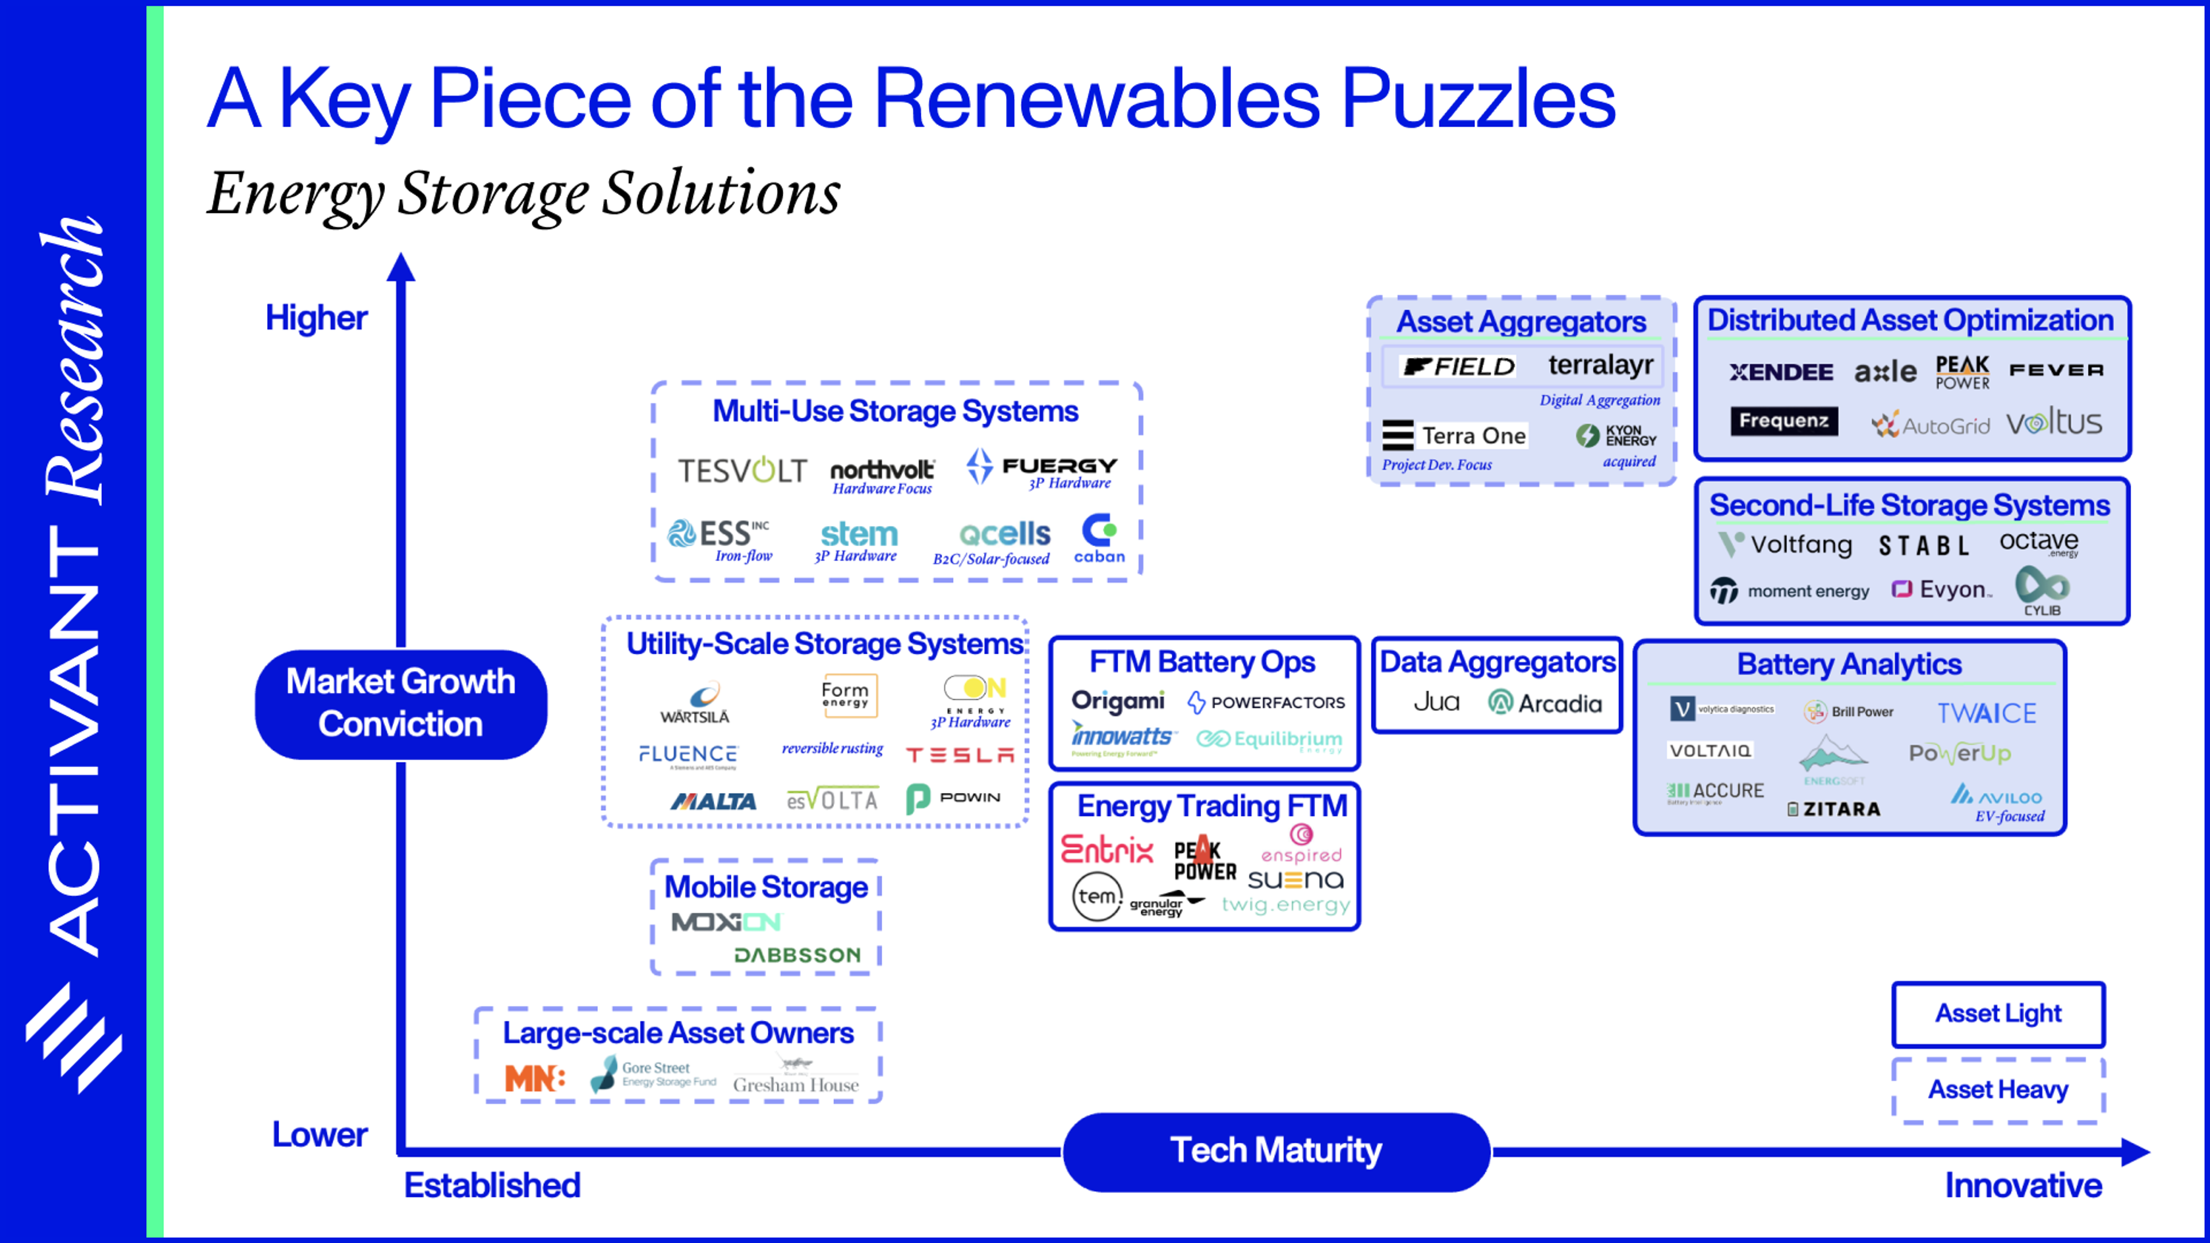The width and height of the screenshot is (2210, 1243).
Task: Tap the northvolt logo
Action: (x=882, y=470)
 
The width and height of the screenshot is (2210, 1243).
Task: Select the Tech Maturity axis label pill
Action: (x=1276, y=1150)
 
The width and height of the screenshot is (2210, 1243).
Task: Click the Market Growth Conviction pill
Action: (x=401, y=703)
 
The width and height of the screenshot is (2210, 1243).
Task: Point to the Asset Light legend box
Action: (x=1998, y=1014)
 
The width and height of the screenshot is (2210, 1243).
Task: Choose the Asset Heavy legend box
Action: (x=1998, y=1089)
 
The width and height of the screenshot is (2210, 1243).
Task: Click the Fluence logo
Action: (x=688, y=754)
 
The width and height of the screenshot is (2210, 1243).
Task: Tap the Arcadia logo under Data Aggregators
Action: (x=1545, y=703)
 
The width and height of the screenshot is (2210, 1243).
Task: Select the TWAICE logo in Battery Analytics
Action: (x=1986, y=713)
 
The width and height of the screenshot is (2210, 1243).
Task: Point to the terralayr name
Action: (x=1600, y=365)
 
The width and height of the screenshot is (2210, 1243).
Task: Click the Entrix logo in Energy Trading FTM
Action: (x=1107, y=849)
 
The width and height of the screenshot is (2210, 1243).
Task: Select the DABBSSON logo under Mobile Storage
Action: (x=797, y=955)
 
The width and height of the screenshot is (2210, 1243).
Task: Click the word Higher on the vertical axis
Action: (x=316, y=318)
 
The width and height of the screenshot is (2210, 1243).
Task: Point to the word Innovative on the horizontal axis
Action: (x=2023, y=1185)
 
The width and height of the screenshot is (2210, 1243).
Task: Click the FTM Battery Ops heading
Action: (x=1202, y=662)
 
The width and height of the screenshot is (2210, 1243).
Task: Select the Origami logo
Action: (x=1118, y=701)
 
